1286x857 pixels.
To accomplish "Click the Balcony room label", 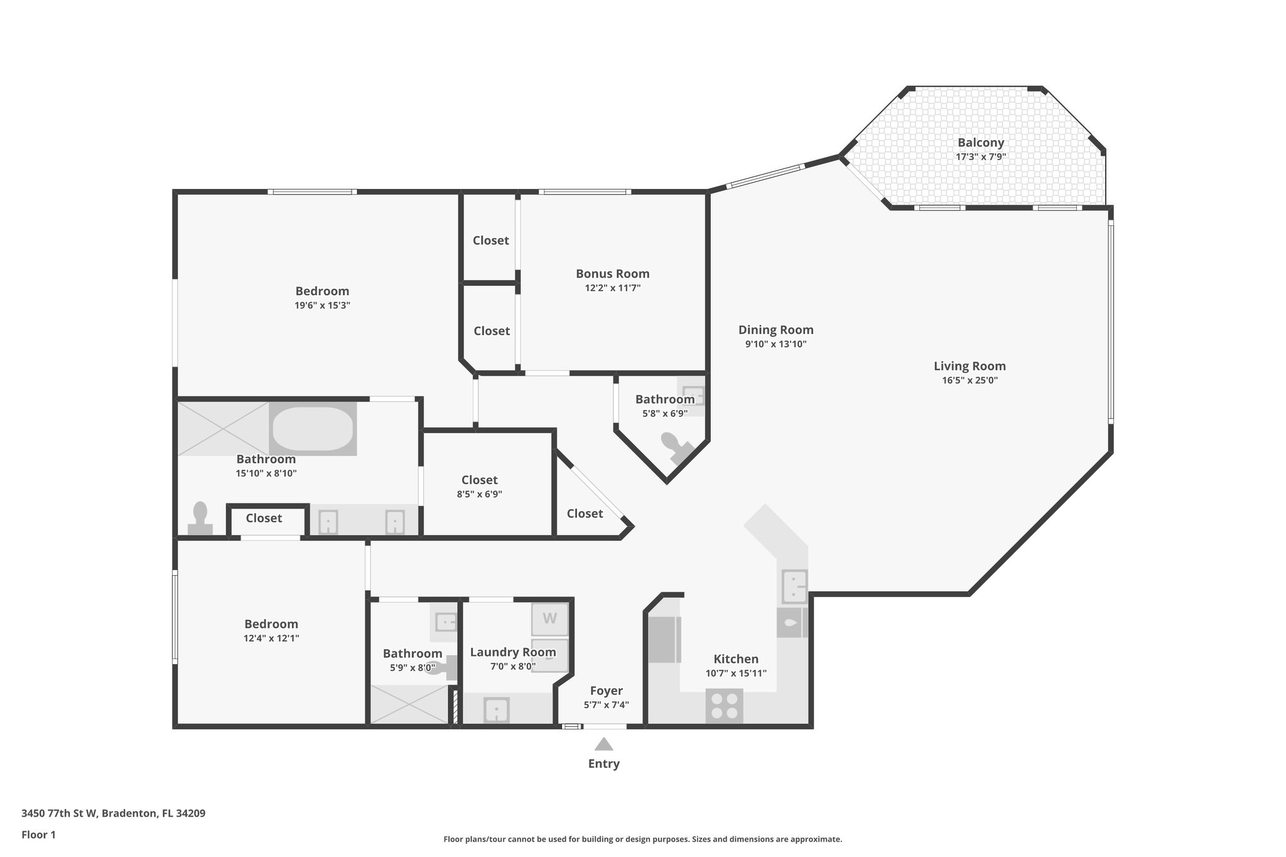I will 980,143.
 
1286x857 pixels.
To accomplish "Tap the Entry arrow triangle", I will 603,745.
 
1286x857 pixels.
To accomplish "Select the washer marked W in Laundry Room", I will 549,619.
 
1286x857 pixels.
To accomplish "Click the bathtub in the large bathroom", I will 313,428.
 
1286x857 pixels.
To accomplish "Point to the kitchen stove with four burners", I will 724,706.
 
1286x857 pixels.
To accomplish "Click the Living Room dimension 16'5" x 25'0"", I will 969,380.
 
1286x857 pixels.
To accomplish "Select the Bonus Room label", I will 612,274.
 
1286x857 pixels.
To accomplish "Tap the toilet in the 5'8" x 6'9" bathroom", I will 676,445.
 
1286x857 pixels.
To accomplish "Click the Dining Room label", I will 775,330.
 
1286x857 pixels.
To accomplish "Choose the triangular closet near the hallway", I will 584,514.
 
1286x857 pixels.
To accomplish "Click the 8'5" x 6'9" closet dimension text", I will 479,494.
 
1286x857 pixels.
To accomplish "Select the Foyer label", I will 606,691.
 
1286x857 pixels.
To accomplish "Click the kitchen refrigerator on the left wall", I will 664,639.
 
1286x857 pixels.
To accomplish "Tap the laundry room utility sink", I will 496,711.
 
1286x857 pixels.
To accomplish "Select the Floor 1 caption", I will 38,834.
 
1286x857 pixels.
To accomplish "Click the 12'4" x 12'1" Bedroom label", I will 271,624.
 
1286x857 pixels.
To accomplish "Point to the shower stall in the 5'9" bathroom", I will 409,704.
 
